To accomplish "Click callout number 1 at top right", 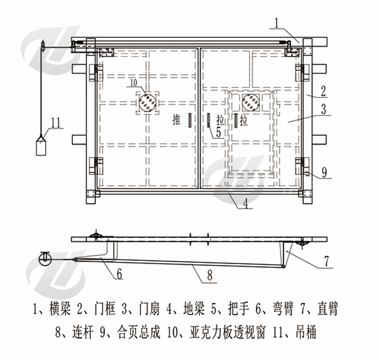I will (279, 23).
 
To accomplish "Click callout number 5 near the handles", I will (218, 132).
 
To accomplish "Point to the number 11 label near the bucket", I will (55, 122).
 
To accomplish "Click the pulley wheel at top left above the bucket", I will (42, 44).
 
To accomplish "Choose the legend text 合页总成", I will (133, 333).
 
